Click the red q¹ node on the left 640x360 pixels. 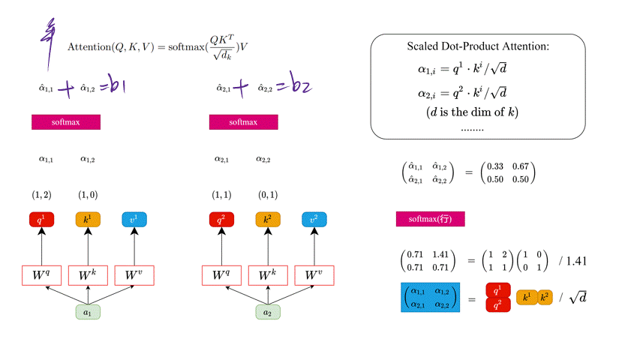tap(42, 220)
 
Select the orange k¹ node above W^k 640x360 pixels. tap(88, 220)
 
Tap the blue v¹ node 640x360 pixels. tap(134, 220)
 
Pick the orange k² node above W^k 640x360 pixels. tap(267, 220)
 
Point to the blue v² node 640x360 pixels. tap(314, 220)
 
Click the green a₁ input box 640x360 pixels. tap(89, 311)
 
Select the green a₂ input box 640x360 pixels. tap(267, 311)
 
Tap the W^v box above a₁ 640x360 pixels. tap(134, 275)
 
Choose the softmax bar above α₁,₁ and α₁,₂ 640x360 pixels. tap(66, 122)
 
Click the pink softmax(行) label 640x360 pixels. tap(431, 219)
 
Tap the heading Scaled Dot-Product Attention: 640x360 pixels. tap(478, 47)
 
